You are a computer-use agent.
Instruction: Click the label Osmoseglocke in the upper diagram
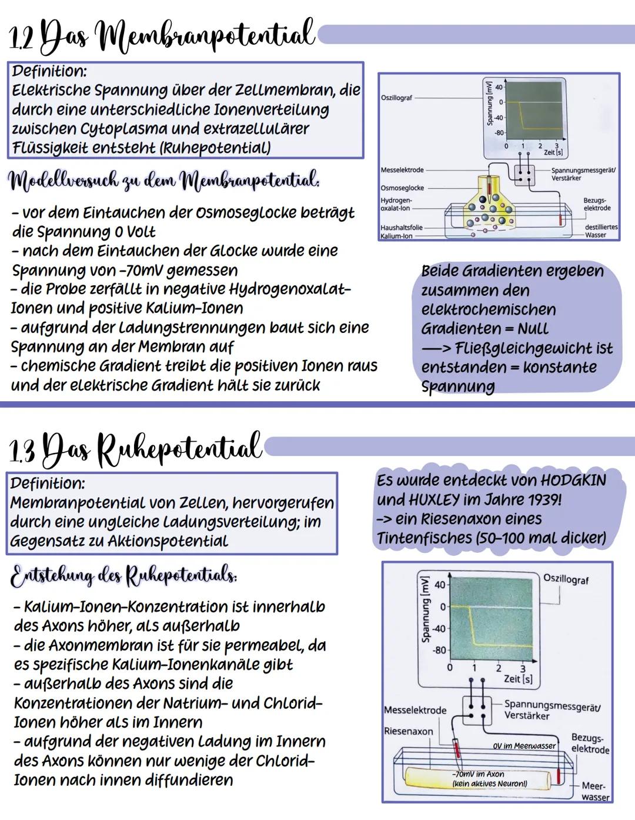coord(402,188)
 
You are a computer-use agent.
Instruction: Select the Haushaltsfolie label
coord(402,227)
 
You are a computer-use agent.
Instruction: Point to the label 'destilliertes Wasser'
coord(600,231)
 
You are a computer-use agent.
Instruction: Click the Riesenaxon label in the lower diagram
coord(408,731)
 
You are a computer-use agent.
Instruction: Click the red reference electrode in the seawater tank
coord(559,775)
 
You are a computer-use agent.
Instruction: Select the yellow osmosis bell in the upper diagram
coord(489,215)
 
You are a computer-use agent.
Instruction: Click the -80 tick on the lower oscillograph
coord(439,651)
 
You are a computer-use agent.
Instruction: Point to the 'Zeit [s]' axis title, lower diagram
coord(518,679)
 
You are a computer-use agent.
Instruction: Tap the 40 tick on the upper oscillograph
coord(499,88)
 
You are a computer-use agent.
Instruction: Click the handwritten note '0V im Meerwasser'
coord(524,746)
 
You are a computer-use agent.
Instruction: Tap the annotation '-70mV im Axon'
coord(478,774)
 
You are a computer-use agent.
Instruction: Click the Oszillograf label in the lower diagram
coord(566,579)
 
